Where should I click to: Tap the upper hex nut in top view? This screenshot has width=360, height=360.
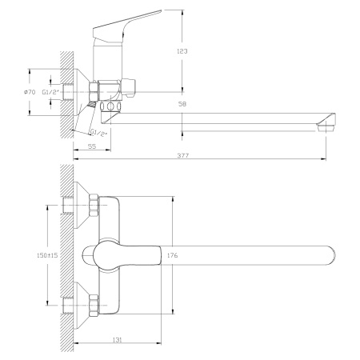(94, 207)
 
